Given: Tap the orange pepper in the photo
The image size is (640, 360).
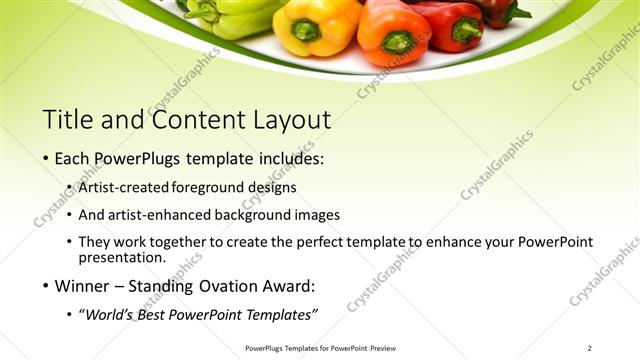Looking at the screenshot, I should pyautogui.click(x=392, y=30).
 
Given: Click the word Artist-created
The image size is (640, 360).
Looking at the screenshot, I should pyautogui.click(x=123, y=187).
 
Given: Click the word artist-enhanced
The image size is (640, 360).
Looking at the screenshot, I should pyautogui.click(x=165, y=214).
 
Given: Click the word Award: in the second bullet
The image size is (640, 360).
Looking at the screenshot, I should pyautogui.click(x=291, y=286).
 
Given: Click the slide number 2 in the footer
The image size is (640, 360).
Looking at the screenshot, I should pyautogui.click(x=590, y=348).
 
